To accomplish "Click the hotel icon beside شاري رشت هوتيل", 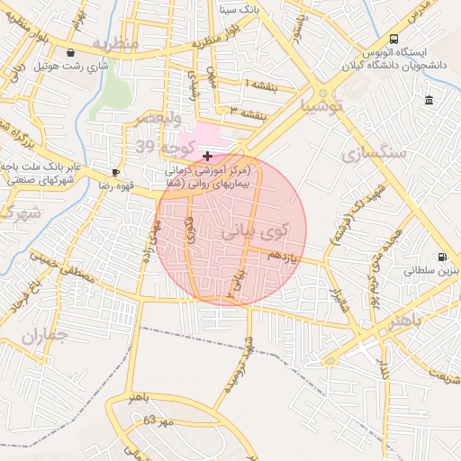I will click(71, 52).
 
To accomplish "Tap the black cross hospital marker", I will click(208, 156).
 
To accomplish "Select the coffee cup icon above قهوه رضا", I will click(115, 171).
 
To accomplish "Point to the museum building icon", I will click(429, 99).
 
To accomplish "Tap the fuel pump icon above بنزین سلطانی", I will click(441, 256).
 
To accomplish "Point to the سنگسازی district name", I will click(372, 150).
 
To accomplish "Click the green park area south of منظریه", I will click(114, 95).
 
